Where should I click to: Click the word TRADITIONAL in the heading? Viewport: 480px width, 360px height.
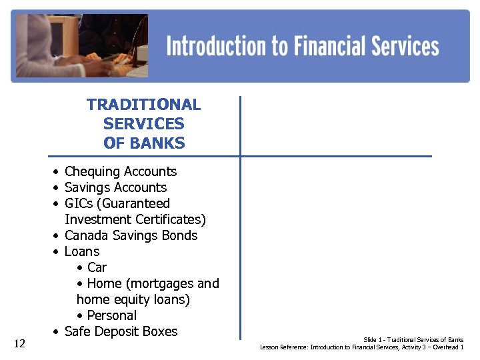pos(143,105)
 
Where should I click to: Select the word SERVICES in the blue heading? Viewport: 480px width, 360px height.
pos(143,124)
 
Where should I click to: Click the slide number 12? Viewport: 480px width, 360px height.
pos(19,343)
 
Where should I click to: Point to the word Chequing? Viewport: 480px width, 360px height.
pos(91,172)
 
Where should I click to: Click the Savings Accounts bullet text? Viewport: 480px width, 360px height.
pos(115,188)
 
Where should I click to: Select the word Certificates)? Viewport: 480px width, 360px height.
pos(171,220)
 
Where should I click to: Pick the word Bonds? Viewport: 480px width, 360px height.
pos(179,236)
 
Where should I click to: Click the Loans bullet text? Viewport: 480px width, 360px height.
pos(82,252)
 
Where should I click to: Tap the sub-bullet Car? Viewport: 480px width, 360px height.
pos(97,268)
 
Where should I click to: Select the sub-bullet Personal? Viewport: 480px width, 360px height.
pos(111,316)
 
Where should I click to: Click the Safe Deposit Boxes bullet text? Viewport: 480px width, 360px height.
pos(121,332)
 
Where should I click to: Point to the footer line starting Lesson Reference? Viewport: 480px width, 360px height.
pos(361,347)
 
